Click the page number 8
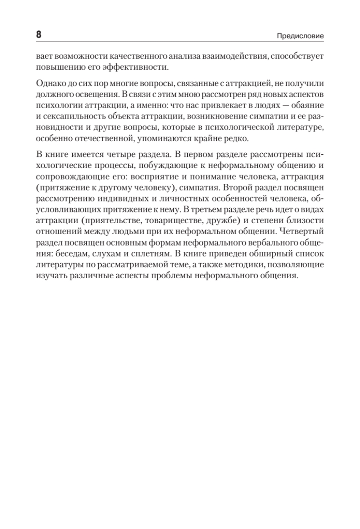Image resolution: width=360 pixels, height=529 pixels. pyautogui.click(x=38, y=34)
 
